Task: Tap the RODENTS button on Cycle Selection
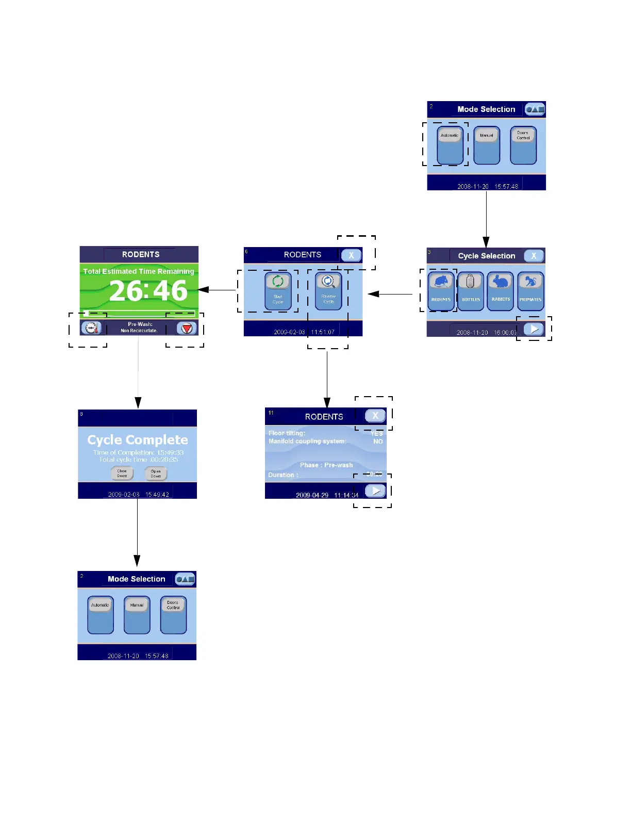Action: pyautogui.click(x=441, y=291)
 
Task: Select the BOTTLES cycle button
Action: pyautogui.click(x=471, y=291)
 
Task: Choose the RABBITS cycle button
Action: pyautogui.click(x=501, y=291)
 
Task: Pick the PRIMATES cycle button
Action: pyautogui.click(x=530, y=291)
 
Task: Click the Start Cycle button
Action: pyautogui.click(x=278, y=291)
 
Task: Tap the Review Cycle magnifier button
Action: pyautogui.click(x=328, y=291)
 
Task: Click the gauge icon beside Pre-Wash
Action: pyautogui.click(x=91, y=328)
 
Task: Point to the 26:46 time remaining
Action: pyautogui.click(x=148, y=290)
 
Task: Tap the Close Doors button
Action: pyautogui.click(x=122, y=473)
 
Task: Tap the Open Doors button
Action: pyautogui.click(x=156, y=473)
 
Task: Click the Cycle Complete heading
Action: pyautogui.click(x=138, y=440)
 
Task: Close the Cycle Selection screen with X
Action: pyautogui.click(x=534, y=256)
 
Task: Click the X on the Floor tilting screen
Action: pyautogui.click(x=375, y=416)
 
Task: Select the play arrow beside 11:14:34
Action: pyautogui.click(x=375, y=491)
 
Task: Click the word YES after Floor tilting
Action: pyautogui.click(x=377, y=434)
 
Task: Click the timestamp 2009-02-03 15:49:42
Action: pyautogui.click(x=138, y=495)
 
